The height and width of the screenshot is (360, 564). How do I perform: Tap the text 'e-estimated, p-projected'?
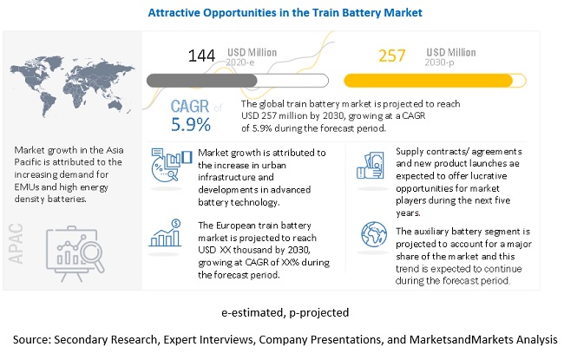pos(284,311)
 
